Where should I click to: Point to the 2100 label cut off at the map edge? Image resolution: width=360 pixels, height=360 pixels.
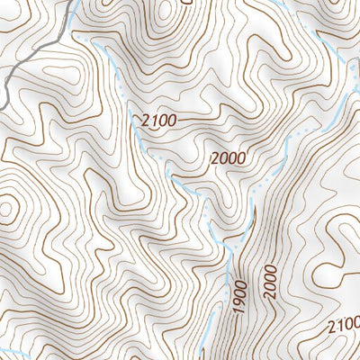tap(344, 325)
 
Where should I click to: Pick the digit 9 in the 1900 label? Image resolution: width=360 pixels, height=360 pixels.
tap(238, 305)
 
